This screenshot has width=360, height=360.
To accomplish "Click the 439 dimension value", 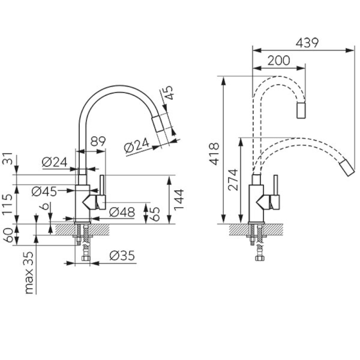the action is [307, 43].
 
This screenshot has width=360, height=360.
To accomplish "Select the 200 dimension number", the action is [279, 60].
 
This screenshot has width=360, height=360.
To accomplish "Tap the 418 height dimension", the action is [215, 154].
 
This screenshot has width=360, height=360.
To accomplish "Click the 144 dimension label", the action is [179, 199].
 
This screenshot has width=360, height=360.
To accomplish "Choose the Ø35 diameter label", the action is [122, 255].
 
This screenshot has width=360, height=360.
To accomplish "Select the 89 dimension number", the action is [98, 141].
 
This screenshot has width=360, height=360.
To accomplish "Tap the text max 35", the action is [30, 273].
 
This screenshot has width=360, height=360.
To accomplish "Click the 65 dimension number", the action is [156, 214].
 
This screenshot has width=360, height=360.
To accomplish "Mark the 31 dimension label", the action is [7, 158].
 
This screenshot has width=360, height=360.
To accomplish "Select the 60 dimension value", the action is [9, 235].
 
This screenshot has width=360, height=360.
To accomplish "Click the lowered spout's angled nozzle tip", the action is [347, 168].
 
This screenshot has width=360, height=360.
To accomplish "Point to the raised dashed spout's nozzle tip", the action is [301, 111].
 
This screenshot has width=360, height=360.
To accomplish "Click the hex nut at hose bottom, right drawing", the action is [260, 258].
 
